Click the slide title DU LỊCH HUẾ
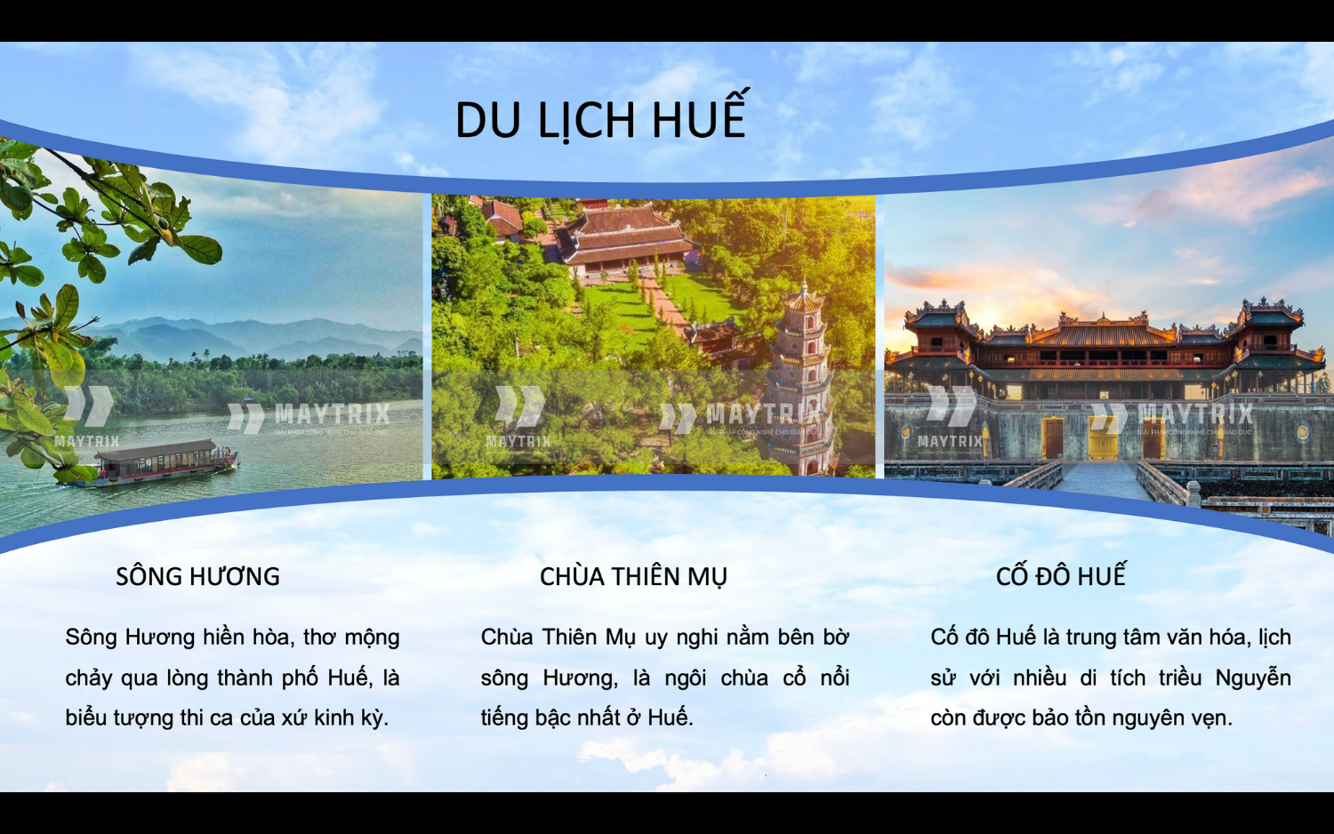click(x=600, y=120)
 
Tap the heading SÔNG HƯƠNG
click(x=197, y=577)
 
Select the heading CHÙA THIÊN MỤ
click(x=633, y=577)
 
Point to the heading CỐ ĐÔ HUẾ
click(x=1061, y=577)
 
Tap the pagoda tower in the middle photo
click(x=802, y=373)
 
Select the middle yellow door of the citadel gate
click(x=1103, y=437)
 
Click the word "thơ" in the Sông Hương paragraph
click(x=319, y=638)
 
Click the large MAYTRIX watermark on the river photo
click(x=331, y=414)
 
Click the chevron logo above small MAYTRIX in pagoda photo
click(x=519, y=405)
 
